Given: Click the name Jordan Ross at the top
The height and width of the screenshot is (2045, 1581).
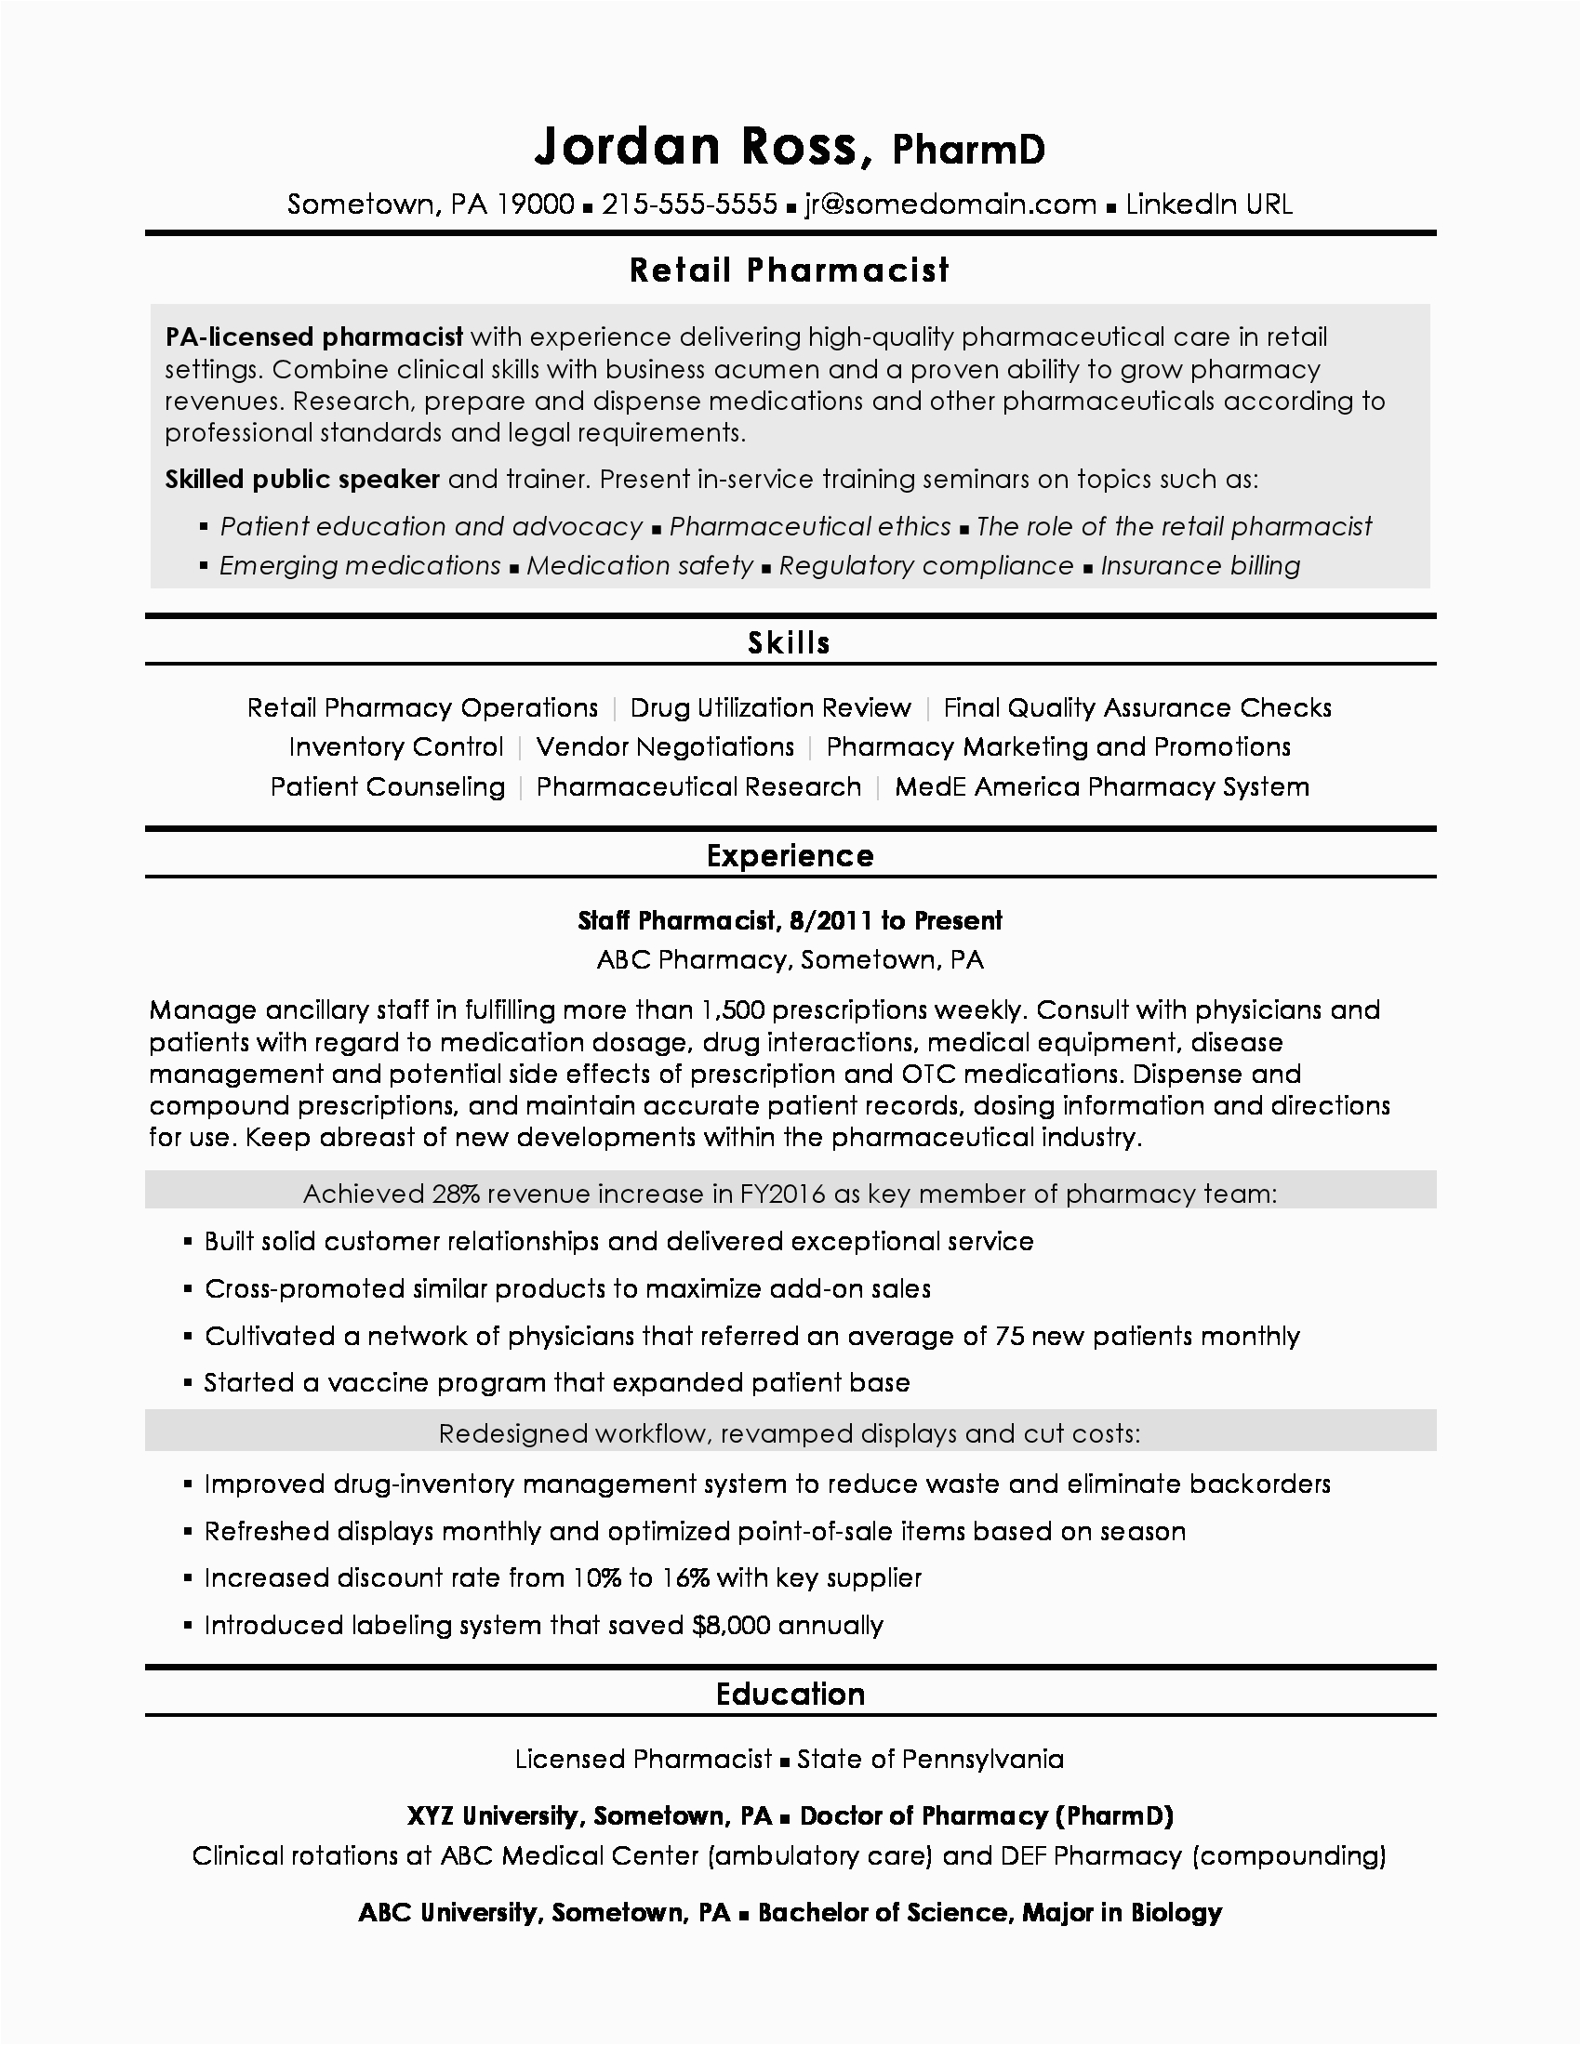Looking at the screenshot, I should [697, 147].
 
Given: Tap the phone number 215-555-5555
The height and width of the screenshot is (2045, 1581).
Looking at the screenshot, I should [689, 204].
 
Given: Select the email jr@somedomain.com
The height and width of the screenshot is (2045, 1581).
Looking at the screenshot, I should [950, 204].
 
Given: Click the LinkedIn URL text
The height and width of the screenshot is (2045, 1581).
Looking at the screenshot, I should [1208, 204].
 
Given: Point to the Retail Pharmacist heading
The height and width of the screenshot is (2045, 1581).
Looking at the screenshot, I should [790, 270].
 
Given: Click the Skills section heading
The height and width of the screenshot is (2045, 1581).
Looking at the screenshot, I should [790, 643].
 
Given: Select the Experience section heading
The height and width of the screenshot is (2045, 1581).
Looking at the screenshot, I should [790, 856].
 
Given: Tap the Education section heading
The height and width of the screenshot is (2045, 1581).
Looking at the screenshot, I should [790, 1694].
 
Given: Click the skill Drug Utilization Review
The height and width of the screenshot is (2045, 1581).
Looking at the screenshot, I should [770, 708].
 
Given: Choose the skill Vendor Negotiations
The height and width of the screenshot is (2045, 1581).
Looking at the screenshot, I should [665, 747].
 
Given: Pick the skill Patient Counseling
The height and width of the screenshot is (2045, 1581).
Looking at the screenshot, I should [388, 786].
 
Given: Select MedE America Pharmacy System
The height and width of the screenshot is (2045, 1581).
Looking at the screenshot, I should [1101, 786].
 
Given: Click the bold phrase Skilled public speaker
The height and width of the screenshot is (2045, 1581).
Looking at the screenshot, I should [302, 480].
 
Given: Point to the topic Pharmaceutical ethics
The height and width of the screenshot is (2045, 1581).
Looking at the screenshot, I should [810, 526].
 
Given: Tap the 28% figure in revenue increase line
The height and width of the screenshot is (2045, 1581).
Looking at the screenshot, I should [455, 1194].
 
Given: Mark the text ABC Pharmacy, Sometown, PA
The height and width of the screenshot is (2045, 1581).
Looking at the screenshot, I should [790, 960].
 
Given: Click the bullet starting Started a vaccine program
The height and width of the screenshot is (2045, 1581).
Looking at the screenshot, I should [557, 1383].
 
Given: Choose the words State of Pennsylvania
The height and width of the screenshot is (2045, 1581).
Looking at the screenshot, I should [930, 1760].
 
